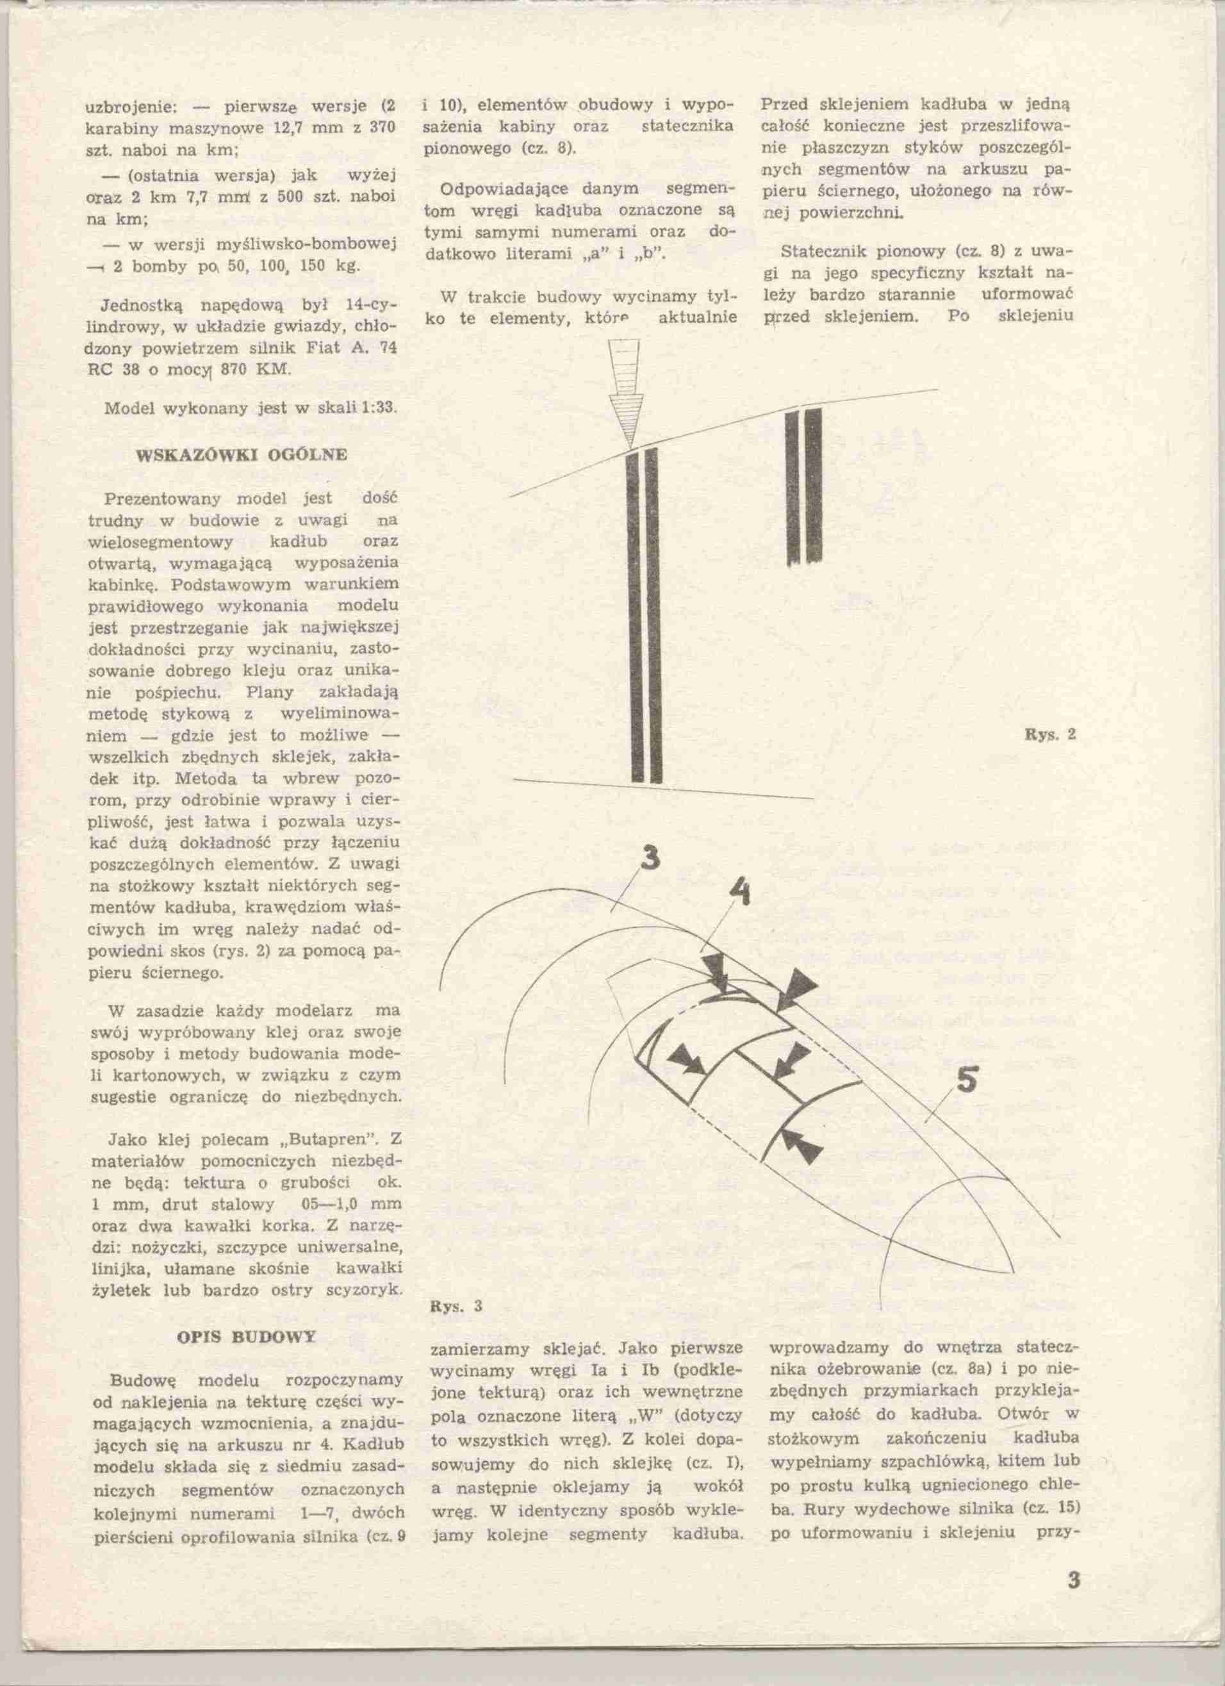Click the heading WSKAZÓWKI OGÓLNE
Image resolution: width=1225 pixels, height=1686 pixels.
(x=242, y=454)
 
